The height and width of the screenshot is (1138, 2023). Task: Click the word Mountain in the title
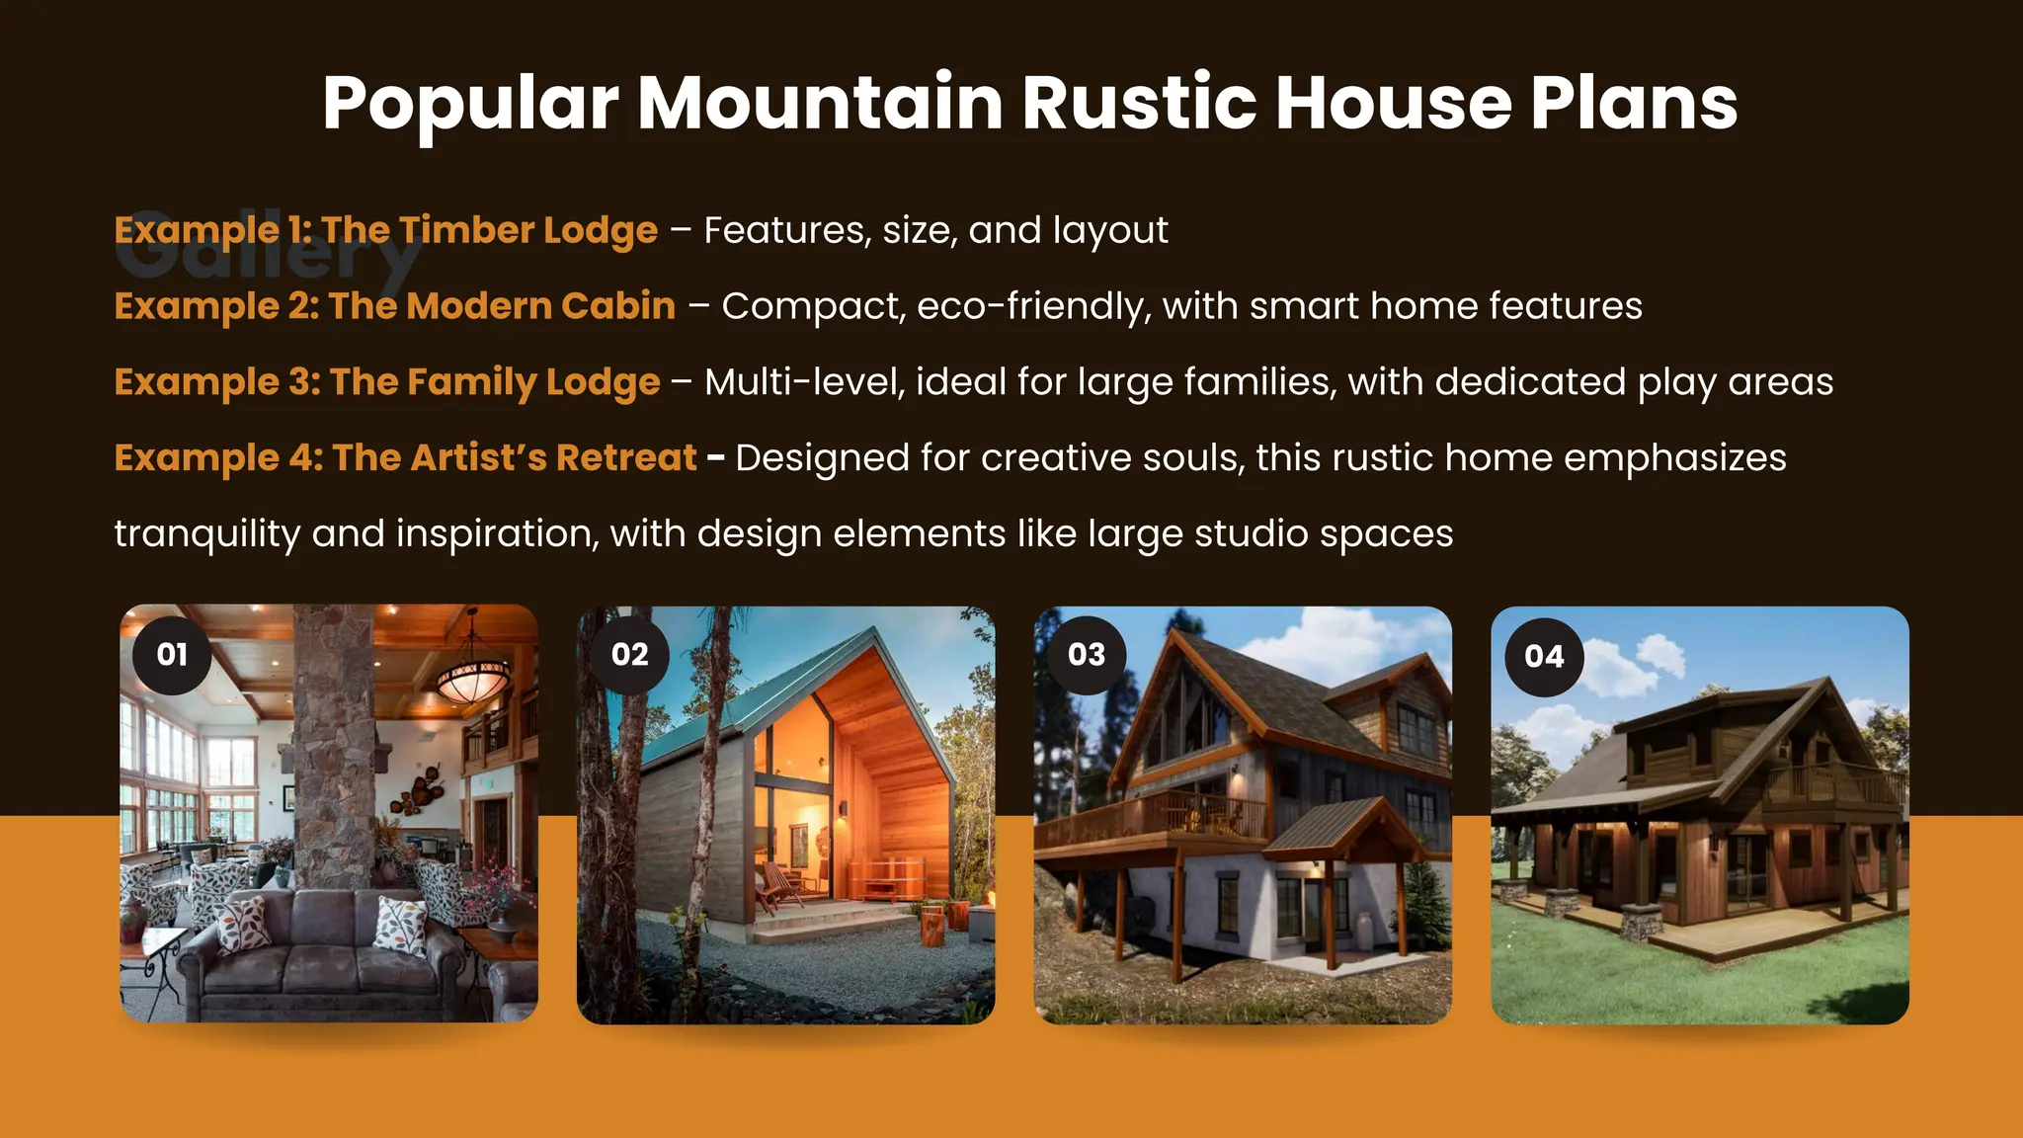(820, 103)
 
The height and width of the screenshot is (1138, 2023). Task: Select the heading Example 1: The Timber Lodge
(385, 230)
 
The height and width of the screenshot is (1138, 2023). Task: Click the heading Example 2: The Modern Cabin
(395, 306)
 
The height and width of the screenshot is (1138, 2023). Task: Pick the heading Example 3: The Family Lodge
(387, 382)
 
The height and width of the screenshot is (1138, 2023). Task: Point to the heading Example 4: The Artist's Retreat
(405, 458)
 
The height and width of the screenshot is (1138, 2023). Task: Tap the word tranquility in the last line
(206, 534)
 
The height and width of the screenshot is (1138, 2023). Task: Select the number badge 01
(172, 655)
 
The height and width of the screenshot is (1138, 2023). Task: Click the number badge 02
(629, 655)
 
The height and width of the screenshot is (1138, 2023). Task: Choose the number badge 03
(1087, 655)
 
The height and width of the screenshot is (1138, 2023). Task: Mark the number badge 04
(1544, 657)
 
